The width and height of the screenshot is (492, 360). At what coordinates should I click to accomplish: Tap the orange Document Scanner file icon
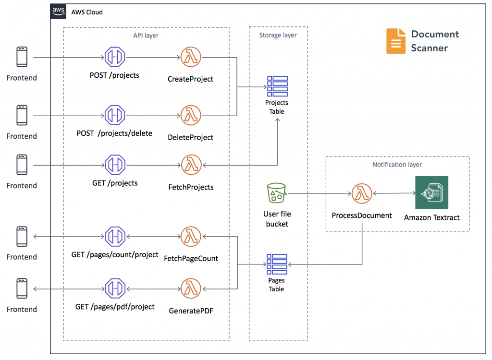395,41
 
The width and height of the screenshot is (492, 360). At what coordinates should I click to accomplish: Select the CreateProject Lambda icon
191,58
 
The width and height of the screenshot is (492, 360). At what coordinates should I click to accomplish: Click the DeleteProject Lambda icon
191,116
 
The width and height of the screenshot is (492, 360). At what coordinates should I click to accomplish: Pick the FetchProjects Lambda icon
191,165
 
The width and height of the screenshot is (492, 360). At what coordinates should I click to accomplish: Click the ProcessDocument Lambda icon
362,194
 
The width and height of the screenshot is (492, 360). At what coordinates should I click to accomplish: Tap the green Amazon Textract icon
431,192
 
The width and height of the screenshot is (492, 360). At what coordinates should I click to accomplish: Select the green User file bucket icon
276,193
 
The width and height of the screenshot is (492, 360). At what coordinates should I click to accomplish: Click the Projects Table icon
277,86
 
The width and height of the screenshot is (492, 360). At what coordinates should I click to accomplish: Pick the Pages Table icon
277,264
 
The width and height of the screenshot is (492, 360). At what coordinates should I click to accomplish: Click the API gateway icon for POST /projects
114,58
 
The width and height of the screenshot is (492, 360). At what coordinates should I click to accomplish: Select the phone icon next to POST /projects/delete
22,116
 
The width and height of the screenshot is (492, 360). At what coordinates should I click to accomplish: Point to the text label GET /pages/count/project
115,254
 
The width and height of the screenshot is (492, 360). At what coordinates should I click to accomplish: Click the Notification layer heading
397,165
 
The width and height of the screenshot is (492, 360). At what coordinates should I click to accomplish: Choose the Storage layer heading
278,35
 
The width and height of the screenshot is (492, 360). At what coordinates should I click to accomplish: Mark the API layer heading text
146,35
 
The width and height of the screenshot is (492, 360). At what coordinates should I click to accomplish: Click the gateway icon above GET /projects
114,165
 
